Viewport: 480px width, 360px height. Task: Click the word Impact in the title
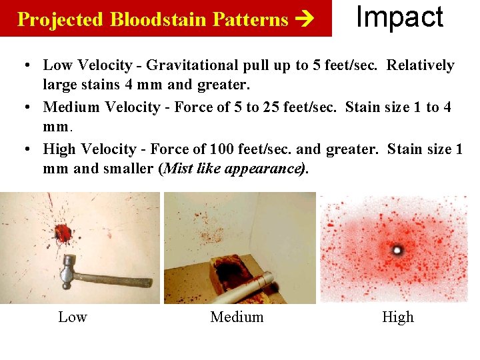click(x=399, y=17)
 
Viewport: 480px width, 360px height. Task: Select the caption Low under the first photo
click(x=73, y=317)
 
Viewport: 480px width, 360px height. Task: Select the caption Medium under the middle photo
click(x=237, y=317)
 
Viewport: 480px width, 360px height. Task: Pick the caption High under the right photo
click(x=398, y=317)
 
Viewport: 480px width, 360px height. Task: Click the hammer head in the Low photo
click(x=68, y=268)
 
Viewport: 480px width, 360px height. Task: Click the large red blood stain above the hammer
click(x=64, y=233)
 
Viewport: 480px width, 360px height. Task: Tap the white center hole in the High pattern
click(x=398, y=250)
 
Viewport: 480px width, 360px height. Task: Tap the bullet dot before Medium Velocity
click(x=24, y=107)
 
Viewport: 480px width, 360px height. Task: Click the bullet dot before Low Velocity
click(x=24, y=65)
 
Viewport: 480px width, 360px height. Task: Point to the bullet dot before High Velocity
click(x=24, y=149)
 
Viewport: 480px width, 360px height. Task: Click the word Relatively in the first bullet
click(x=421, y=65)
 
